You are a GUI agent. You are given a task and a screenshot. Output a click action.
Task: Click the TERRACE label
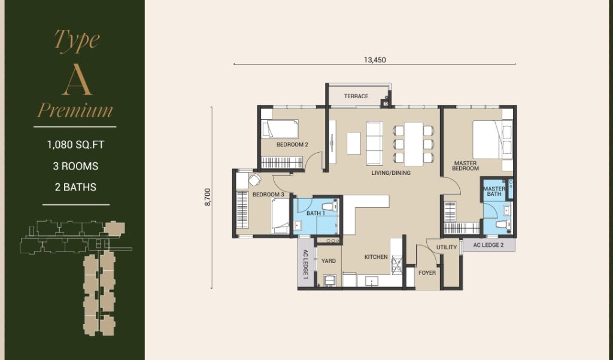(x=356, y=96)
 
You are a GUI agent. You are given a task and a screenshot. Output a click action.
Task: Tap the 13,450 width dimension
(x=375, y=60)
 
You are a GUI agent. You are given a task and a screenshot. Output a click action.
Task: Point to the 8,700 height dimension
(x=208, y=197)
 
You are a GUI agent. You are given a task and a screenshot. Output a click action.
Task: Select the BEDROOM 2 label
(x=292, y=144)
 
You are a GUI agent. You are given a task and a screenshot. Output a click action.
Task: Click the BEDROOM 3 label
(x=268, y=195)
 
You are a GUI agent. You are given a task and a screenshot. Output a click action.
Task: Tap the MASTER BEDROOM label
(x=465, y=166)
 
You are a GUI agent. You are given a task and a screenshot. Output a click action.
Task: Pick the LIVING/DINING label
(x=391, y=173)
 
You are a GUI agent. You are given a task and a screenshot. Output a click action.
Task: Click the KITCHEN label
(x=376, y=257)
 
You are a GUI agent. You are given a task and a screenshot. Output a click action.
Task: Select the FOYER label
(x=427, y=273)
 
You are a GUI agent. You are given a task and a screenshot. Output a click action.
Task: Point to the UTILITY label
(x=447, y=247)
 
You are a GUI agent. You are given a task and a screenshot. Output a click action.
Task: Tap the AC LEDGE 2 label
(x=488, y=245)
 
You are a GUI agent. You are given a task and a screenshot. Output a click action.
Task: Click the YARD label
(x=329, y=261)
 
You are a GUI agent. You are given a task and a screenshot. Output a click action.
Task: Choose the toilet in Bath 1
(x=330, y=206)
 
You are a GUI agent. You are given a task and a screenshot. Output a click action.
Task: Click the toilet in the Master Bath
(x=503, y=225)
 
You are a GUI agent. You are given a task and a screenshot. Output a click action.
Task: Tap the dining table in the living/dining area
(x=414, y=144)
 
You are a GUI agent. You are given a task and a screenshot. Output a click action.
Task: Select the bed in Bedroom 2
(x=280, y=129)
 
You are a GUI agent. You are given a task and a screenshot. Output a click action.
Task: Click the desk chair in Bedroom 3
(x=254, y=180)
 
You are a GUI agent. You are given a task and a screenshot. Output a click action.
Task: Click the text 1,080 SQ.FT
(x=75, y=145)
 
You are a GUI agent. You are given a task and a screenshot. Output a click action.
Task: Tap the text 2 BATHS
(x=75, y=187)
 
